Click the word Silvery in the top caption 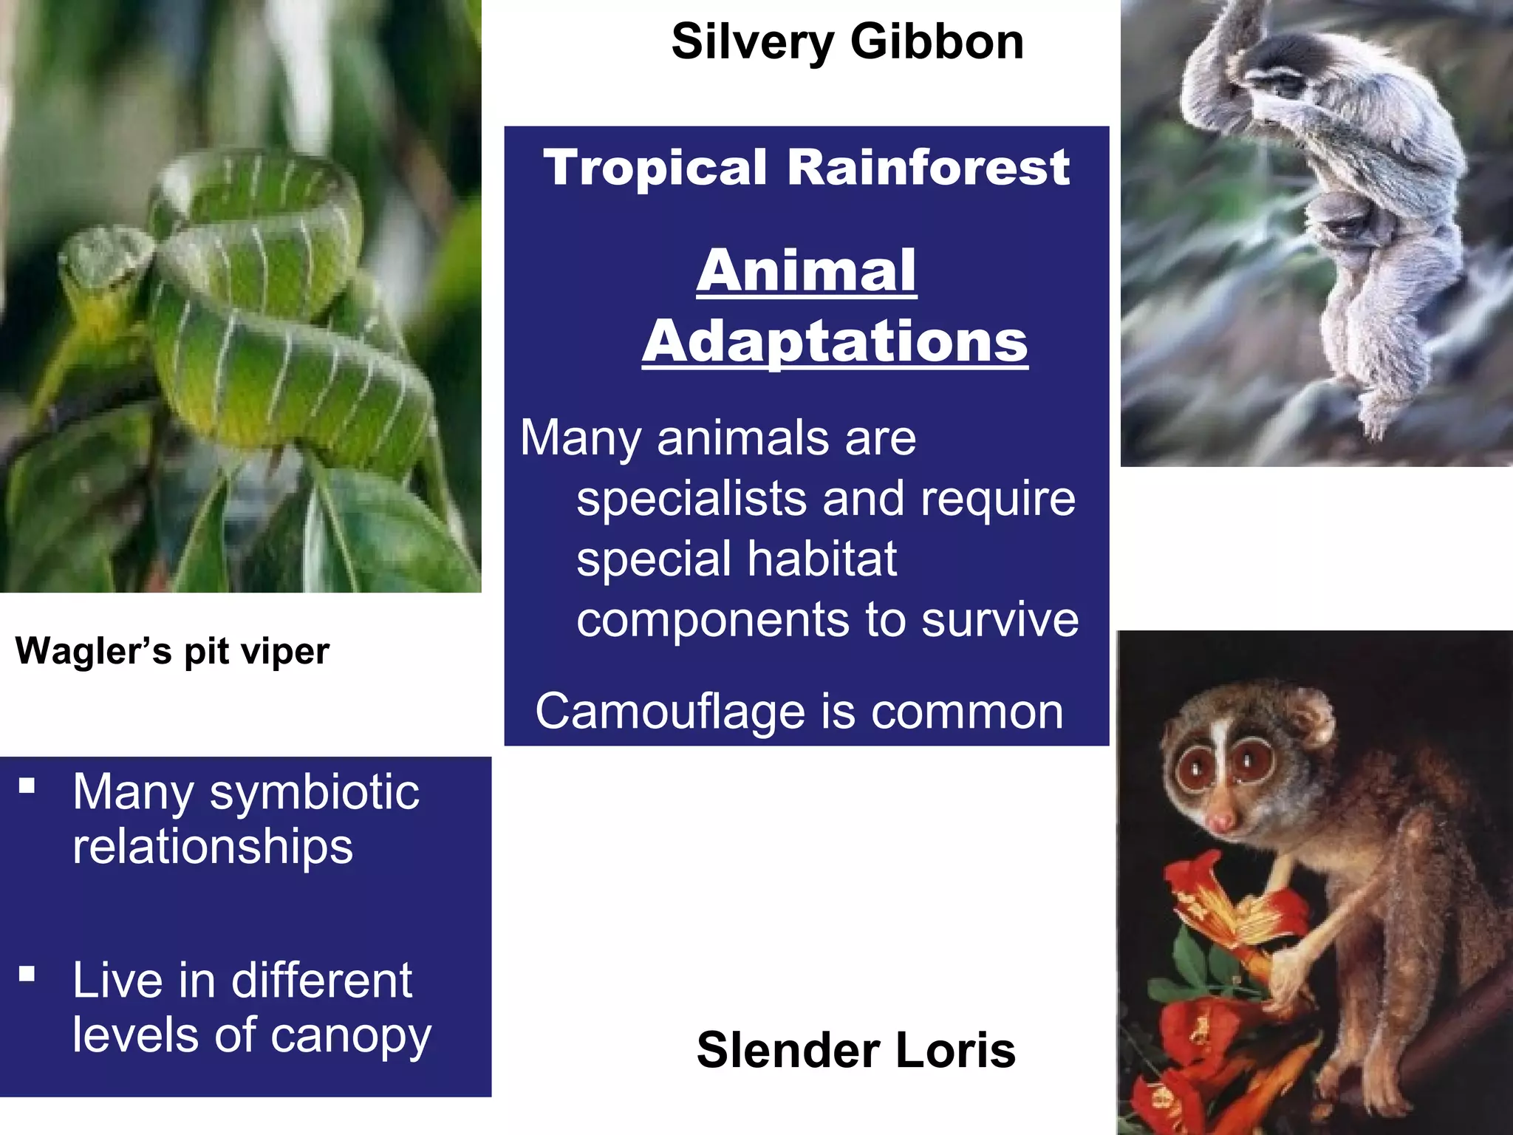(x=753, y=42)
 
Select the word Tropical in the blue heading (x=655, y=167)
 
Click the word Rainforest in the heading (x=928, y=167)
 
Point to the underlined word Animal (x=806, y=270)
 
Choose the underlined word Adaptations (x=835, y=341)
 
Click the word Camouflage (x=671, y=712)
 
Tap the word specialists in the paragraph (x=691, y=499)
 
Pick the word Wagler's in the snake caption (x=94, y=651)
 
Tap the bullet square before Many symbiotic (x=27, y=785)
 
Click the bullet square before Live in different (x=27, y=974)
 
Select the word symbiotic (x=315, y=792)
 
